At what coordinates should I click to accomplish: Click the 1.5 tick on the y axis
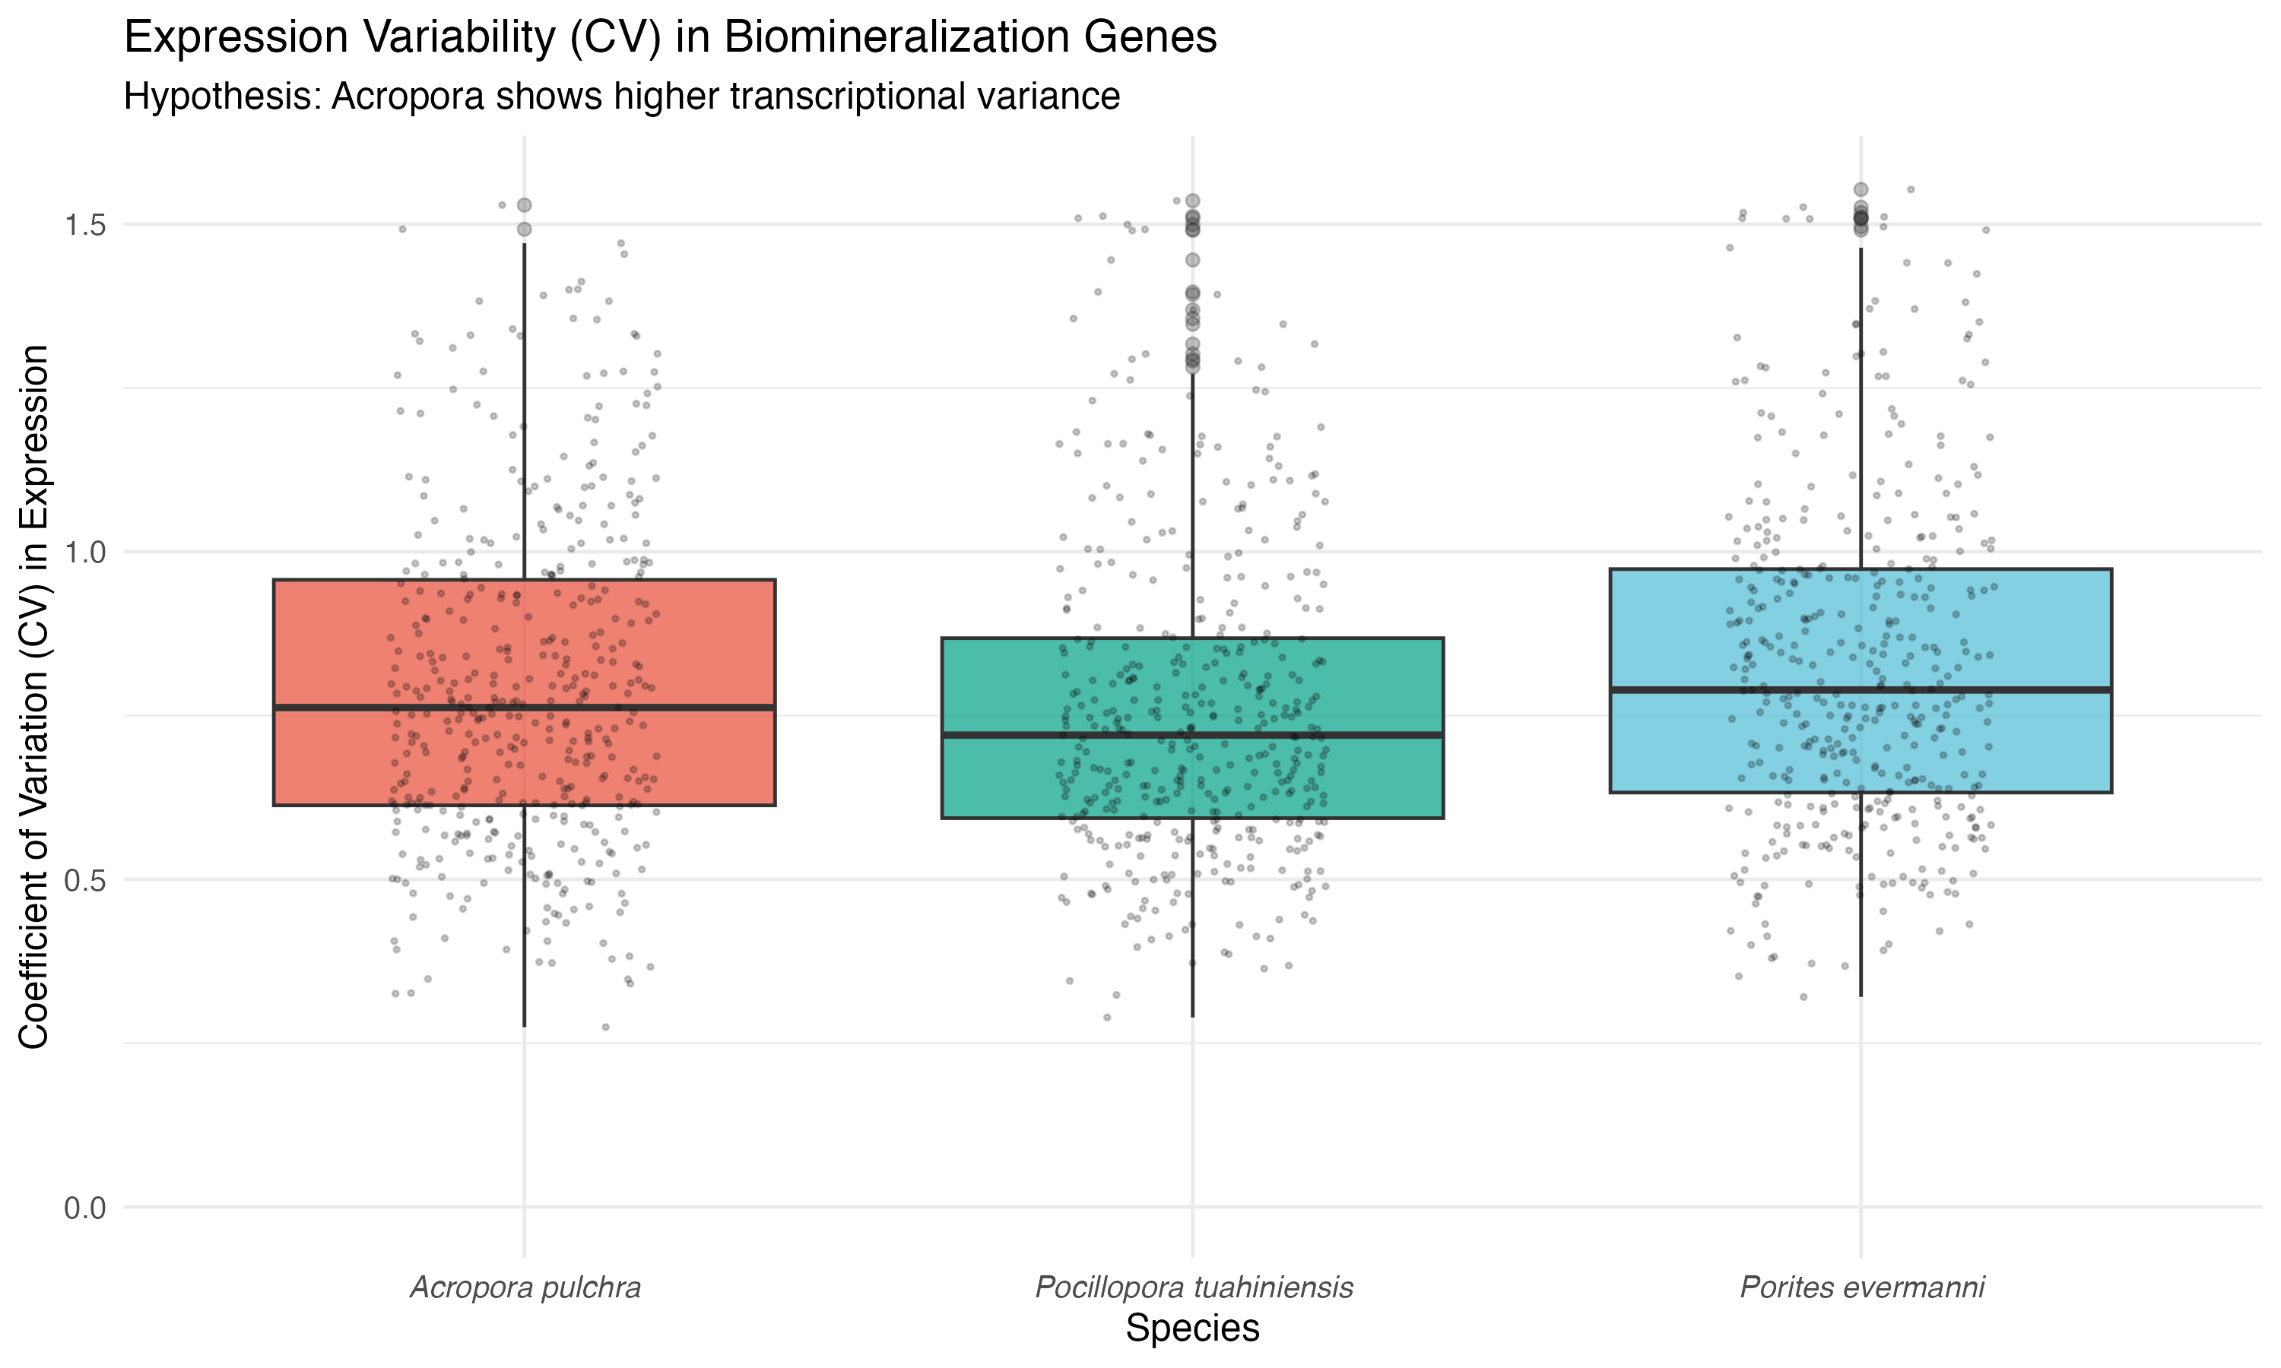(85, 225)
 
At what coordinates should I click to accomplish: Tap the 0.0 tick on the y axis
(85, 1208)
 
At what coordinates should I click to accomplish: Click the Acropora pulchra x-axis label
(525, 1287)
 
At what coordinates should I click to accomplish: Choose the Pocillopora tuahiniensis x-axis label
(1193, 1287)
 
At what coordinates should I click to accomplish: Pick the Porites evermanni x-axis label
(1861, 1287)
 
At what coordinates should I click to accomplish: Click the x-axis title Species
(1192, 1328)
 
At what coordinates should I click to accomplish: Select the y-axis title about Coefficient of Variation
(34, 696)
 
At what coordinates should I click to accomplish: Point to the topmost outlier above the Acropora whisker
(524, 204)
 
